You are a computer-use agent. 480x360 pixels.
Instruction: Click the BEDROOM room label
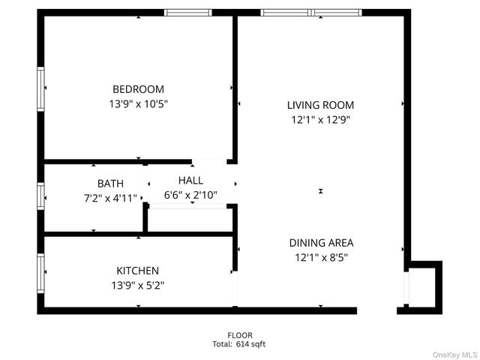[x=138, y=89]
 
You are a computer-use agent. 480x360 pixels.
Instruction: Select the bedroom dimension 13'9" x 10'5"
[x=138, y=104]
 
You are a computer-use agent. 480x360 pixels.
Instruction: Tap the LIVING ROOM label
[x=320, y=105]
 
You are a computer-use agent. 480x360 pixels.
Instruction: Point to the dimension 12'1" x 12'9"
[x=320, y=119]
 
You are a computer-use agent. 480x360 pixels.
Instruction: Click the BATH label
[x=110, y=183]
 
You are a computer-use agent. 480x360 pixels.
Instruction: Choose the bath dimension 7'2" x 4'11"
[x=110, y=198]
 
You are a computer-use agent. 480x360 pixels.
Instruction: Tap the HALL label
[x=190, y=180]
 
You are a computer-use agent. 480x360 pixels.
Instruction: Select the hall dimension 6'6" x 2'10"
[x=190, y=195]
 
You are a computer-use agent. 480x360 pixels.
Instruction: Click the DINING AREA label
[x=321, y=242]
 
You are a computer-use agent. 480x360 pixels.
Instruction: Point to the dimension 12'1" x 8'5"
[x=321, y=257]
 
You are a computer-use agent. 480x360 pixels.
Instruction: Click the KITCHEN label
[x=137, y=270]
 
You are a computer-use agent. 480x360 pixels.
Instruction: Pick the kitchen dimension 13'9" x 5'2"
[x=137, y=285]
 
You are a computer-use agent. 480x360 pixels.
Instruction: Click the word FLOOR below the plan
[x=240, y=335]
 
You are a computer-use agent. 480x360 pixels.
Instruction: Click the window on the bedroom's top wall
[x=187, y=13]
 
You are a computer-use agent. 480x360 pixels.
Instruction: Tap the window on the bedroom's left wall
[x=40, y=89]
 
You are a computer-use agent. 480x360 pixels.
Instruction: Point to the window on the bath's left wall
[x=40, y=196]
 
